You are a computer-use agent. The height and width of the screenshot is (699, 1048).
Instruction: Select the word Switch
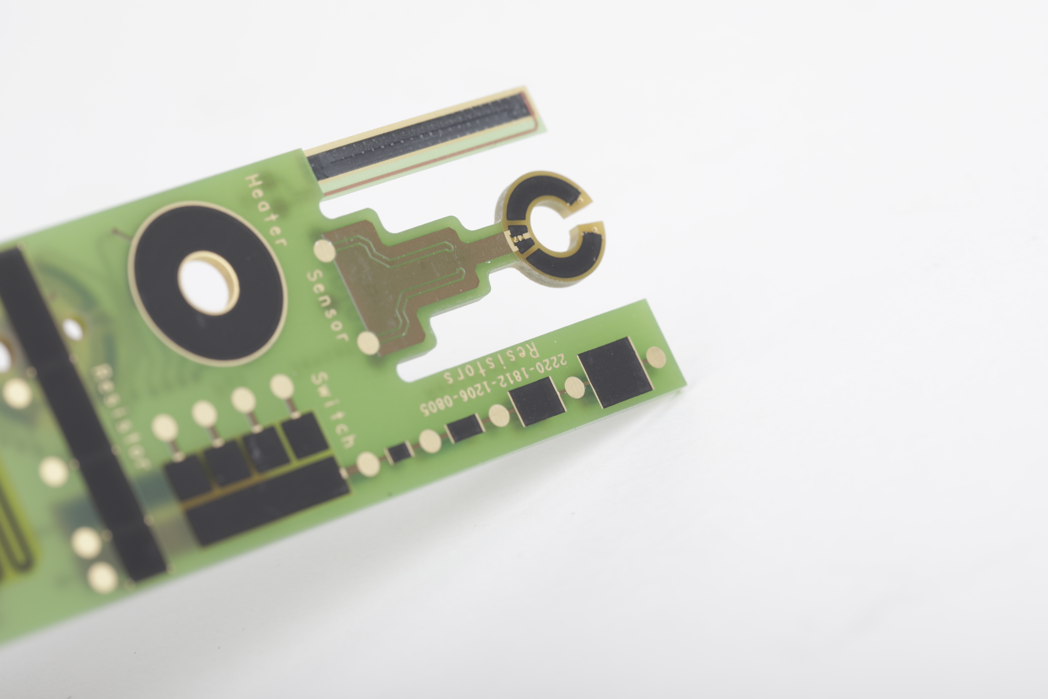point(333,410)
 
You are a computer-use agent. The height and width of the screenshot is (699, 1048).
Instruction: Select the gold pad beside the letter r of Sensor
point(368,343)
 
